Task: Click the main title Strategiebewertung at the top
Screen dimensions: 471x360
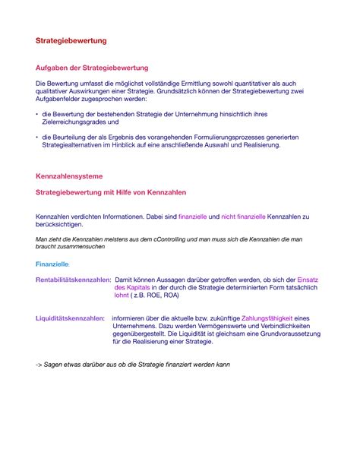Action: pos(71,39)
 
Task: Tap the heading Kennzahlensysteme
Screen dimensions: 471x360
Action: pos(69,176)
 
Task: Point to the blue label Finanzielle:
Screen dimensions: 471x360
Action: pos(52,264)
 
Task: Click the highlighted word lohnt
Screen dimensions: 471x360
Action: pos(122,296)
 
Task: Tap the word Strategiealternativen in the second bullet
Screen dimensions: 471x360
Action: pos(77,144)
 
